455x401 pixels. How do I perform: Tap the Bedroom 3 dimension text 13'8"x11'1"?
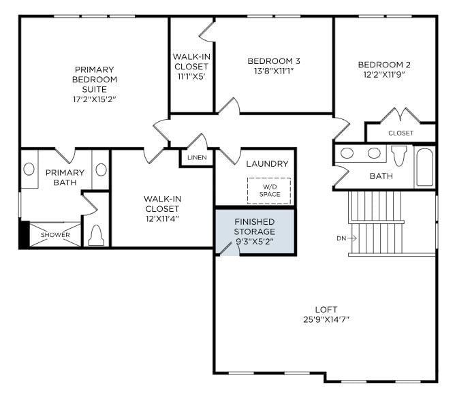click(274, 72)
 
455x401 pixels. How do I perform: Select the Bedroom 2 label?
click(384, 65)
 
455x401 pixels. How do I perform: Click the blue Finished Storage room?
click(255, 231)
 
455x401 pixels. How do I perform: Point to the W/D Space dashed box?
click(269, 190)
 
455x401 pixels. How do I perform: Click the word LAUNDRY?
click(267, 164)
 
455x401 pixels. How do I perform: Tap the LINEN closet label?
click(197, 158)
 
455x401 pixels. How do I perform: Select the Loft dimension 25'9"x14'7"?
click(326, 319)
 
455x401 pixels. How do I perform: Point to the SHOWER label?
click(54, 235)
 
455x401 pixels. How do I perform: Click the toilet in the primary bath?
click(96, 235)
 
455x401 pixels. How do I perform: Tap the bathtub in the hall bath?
click(424, 167)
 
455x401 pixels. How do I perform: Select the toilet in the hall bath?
click(398, 155)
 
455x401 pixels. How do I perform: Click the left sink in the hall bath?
click(347, 153)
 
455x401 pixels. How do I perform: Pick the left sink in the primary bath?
click(29, 169)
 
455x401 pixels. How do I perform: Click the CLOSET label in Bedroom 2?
click(401, 133)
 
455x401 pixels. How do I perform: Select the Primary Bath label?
click(65, 177)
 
